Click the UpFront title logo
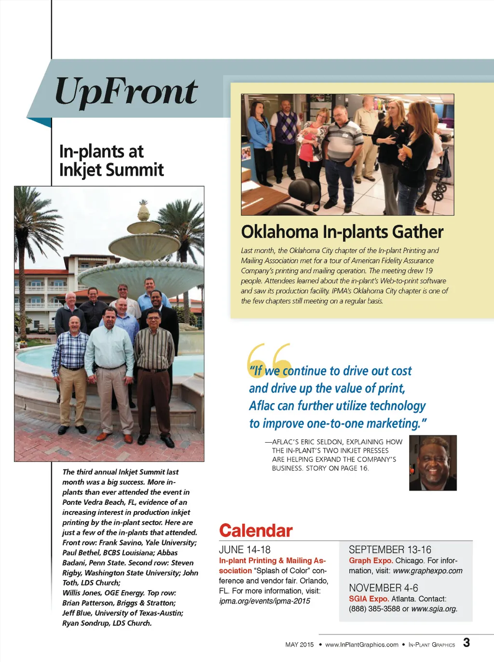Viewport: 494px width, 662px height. pyautogui.click(x=126, y=92)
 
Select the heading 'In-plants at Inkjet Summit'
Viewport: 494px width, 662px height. pyautogui.click(x=111, y=161)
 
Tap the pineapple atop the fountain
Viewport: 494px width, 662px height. pyautogui.click(x=143, y=211)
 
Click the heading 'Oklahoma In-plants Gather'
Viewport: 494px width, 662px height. pyautogui.click(x=342, y=232)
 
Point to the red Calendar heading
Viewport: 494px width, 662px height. pyautogui.click(x=256, y=531)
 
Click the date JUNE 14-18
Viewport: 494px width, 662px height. pyautogui.click(x=245, y=550)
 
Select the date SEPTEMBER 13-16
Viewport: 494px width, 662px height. pyautogui.click(x=390, y=550)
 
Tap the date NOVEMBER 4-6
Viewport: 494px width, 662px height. pyautogui.click(x=383, y=588)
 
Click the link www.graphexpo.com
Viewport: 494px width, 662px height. pyautogui.click(x=427, y=571)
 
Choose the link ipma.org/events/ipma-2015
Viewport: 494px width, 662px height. pyautogui.click(x=264, y=601)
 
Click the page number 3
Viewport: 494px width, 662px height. pyautogui.click(x=466, y=643)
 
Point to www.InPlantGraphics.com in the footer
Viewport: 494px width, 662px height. pyautogui.click(x=362, y=645)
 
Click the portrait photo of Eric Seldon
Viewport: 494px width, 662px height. pyautogui.click(x=433, y=463)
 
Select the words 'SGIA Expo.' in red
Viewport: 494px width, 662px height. pyautogui.click(x=369, y=599)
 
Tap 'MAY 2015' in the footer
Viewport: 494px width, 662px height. pyautogui.click(x=299, y=645)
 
